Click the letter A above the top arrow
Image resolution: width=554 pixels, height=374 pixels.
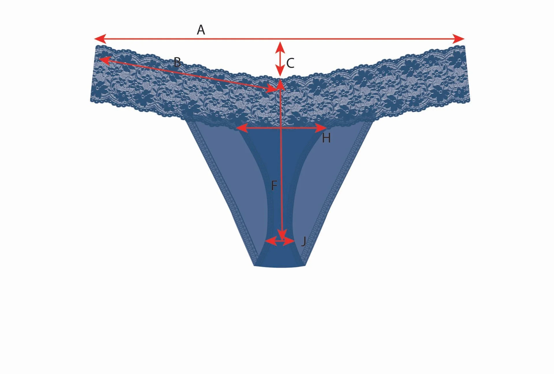click(201, 30)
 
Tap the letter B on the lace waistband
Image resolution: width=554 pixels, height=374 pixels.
click(177, 62)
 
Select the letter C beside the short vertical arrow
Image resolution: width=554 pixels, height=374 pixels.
click(290, 63)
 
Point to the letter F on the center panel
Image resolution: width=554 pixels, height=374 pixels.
click(274, 186)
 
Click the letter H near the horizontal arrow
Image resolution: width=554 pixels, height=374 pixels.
click(326, 138)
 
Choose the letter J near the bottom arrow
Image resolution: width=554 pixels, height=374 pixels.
click(303, 241)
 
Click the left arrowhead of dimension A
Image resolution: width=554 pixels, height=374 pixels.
click(100, 38)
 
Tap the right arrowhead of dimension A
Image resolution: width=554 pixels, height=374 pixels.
click(459, 38)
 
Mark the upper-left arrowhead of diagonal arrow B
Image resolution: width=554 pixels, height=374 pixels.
click(104, 60)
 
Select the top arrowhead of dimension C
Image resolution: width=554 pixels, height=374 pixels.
click(280, 47)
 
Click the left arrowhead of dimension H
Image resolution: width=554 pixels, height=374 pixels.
click(242, 127)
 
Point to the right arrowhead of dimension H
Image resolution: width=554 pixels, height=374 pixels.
click(321, 127)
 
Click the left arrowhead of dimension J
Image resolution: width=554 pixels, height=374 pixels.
click(270, 241)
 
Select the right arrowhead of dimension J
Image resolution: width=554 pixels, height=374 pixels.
click(289, 241)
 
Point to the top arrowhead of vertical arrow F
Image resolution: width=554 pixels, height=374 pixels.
click(280, 85)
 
